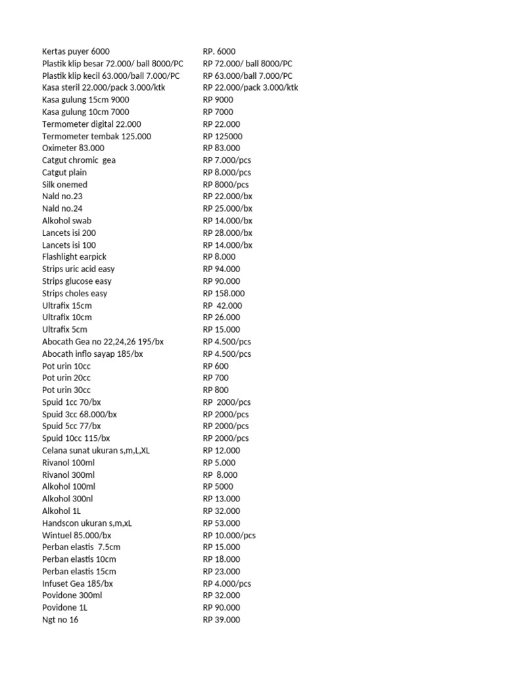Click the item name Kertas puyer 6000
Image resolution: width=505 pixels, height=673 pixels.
[76, 51]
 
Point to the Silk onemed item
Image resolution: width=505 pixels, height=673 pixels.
[64, 185]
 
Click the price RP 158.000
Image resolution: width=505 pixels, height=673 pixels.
[224, 293]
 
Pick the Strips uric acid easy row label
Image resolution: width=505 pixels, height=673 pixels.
[78, 269]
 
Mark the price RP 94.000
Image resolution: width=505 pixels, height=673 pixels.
[222, 269]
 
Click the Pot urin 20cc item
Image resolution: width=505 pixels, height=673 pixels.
[66, 378]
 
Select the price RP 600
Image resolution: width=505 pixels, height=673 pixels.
[216, 366]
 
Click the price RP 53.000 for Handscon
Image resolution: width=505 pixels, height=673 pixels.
[222, 523]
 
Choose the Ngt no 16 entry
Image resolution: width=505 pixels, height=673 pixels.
[60, 620]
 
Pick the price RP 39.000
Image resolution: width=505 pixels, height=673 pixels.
[222, 620]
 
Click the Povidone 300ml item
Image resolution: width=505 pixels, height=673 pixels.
[72, 595]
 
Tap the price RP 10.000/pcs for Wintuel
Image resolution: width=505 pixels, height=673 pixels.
[229, 535]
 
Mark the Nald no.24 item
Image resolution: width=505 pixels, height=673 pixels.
[62, 208]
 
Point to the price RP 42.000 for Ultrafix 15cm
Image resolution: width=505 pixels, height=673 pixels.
[222, 306]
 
